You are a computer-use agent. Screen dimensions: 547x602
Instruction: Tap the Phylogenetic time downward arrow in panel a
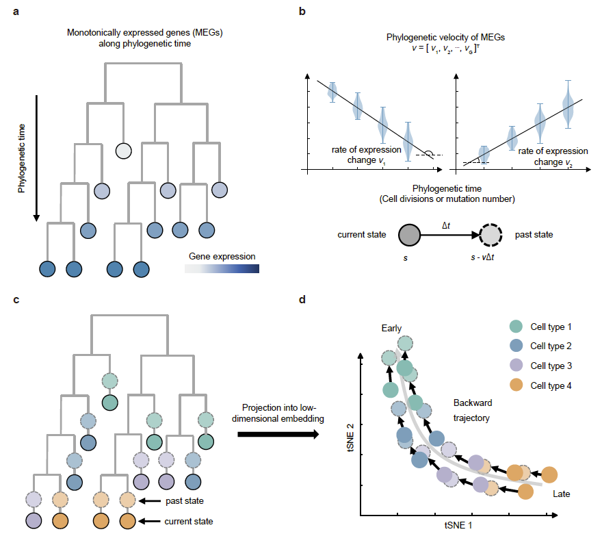point(37,158)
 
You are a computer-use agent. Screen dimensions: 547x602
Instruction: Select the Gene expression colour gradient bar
point(222,270)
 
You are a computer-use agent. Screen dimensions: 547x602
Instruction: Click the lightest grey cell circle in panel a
point(123,150)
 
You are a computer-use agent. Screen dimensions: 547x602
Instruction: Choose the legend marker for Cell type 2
point(516,347)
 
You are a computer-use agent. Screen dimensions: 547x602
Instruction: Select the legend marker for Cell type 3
point(516,366)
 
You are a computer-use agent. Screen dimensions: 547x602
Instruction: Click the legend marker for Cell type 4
point(516,385)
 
